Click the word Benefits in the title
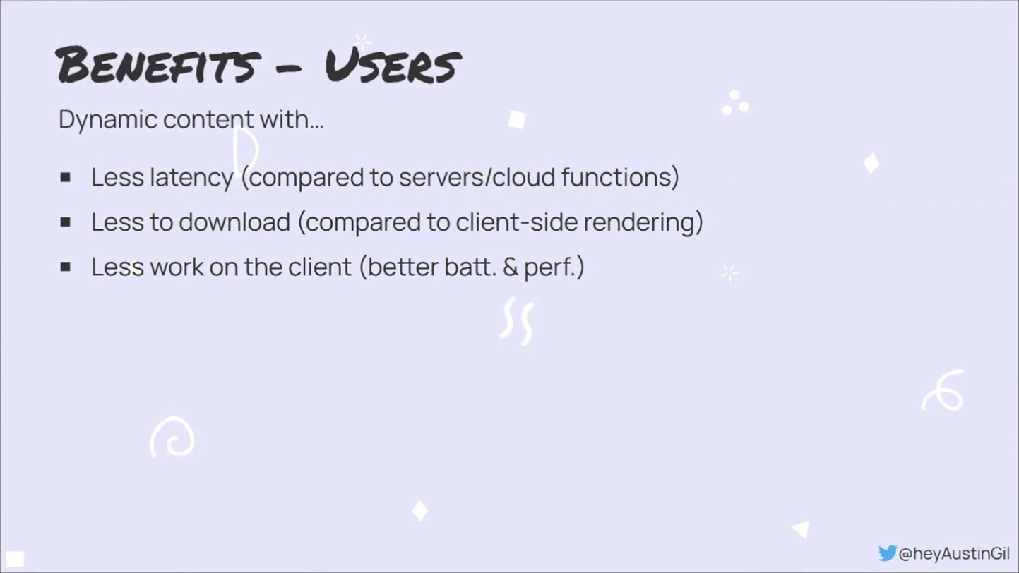[x=158, y=65]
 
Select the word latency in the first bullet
[x=191, y=178]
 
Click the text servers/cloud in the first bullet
[x=477, y=177]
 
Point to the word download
[x=234, y=222]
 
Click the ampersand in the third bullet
[x=511, y=267]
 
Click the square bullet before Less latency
[x=66, y=177]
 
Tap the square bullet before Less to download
[x=66, y=222]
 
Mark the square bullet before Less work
[x=66, y=267]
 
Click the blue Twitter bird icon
[x=887, y=553]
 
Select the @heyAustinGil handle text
[x=954, y=553]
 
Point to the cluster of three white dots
[x=734, y=103]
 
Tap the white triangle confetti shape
[x=802, y=529]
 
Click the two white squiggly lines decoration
[x=518, y=320]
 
